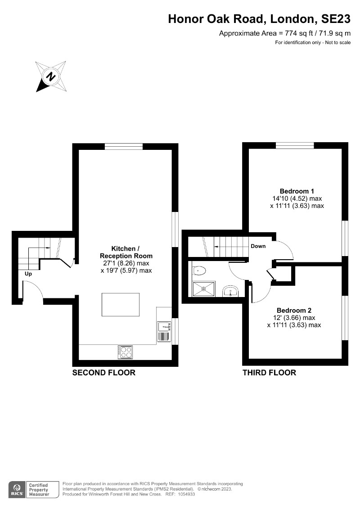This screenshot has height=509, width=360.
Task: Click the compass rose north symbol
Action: point(52,76)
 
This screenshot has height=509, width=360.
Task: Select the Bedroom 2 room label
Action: point(294,310)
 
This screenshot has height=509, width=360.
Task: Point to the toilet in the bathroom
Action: point(199,270)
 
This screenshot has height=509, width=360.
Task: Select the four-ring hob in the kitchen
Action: point(125,351)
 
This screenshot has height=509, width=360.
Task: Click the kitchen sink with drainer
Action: point(163,331)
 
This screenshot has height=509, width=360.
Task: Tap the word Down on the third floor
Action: point(258,246)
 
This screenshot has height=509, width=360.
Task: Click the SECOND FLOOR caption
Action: point(104,373)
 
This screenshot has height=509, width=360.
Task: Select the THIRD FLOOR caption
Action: point(269,373)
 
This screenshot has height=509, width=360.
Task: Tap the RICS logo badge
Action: point(17,489)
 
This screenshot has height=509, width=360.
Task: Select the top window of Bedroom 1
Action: point(295,145)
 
